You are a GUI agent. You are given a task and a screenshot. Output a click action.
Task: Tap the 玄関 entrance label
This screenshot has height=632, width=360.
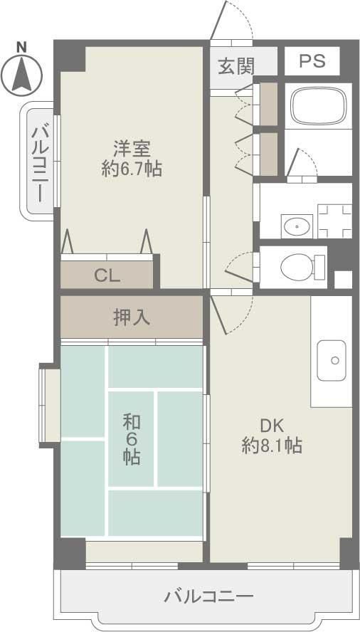click(235, 66)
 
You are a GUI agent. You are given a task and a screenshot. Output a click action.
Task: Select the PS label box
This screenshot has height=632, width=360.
click(312, 61)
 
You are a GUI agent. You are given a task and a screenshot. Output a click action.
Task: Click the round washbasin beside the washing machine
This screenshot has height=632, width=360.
click(295, 227)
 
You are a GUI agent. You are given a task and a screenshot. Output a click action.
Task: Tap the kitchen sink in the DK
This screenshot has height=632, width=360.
click(332, 356)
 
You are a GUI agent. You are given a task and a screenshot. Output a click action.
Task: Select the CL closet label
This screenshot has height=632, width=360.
click(107, 275)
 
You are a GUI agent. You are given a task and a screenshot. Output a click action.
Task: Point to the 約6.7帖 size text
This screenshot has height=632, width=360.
click(132, 169)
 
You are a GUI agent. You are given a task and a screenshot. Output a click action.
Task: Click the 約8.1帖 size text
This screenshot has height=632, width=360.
click(272, 446)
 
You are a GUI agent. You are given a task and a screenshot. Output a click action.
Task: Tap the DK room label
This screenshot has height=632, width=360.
click(272, 426)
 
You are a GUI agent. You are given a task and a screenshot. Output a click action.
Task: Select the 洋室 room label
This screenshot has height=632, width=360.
click(132, 149)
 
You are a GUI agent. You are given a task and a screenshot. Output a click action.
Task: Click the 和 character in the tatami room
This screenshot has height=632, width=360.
click(130, 421)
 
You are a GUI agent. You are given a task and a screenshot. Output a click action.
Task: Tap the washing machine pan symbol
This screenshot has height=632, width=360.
click(334, 221)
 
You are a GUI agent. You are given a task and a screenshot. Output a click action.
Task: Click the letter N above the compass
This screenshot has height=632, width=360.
click(21, 47)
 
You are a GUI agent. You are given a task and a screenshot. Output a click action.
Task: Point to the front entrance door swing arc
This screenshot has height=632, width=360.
click(235, 21)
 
